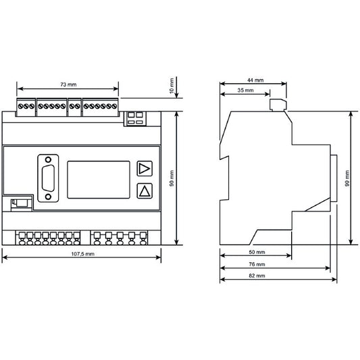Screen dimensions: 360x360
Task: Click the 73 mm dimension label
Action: point(68,84)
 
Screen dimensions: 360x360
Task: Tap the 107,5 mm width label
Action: point(82,254)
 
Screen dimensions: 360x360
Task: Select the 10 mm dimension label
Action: point(172,86)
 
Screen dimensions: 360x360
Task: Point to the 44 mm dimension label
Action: point(255,80)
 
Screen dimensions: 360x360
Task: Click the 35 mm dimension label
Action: point(245,91)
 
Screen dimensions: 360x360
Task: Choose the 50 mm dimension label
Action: point(257,252)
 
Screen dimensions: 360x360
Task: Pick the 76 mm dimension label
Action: point(257,264)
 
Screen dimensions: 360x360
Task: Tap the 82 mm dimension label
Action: point(257,276)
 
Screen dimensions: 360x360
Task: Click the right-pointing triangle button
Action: point(145,169)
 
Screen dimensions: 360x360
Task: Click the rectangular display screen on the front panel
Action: point(99,180)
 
